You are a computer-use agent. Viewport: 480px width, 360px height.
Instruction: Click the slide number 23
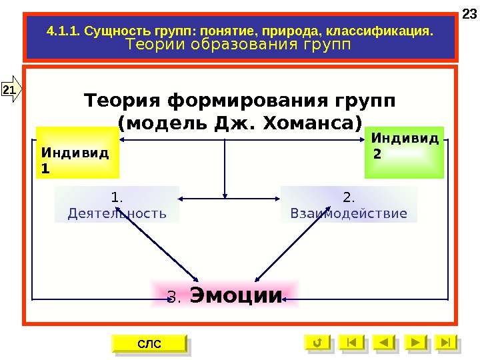click(469, 14)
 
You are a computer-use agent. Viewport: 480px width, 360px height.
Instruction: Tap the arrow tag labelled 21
click(11, 89)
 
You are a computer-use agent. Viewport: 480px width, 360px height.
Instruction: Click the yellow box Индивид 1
click(77, 154)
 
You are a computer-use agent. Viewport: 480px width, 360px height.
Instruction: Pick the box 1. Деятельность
click(117, 205)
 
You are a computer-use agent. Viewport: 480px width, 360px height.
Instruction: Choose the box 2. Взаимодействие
click(349, 205)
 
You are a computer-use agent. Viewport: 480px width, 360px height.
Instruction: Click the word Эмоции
click(237, 295)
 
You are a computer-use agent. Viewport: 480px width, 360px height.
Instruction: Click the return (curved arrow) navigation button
click(317, 343)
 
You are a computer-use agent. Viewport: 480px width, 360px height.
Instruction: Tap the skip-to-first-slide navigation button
click(351, 343)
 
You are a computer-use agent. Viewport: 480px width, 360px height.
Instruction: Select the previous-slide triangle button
click(383, 343)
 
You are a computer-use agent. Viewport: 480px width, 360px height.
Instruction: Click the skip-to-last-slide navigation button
click(447, 343)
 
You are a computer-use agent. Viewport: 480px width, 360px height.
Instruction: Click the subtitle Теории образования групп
click(238, 44)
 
